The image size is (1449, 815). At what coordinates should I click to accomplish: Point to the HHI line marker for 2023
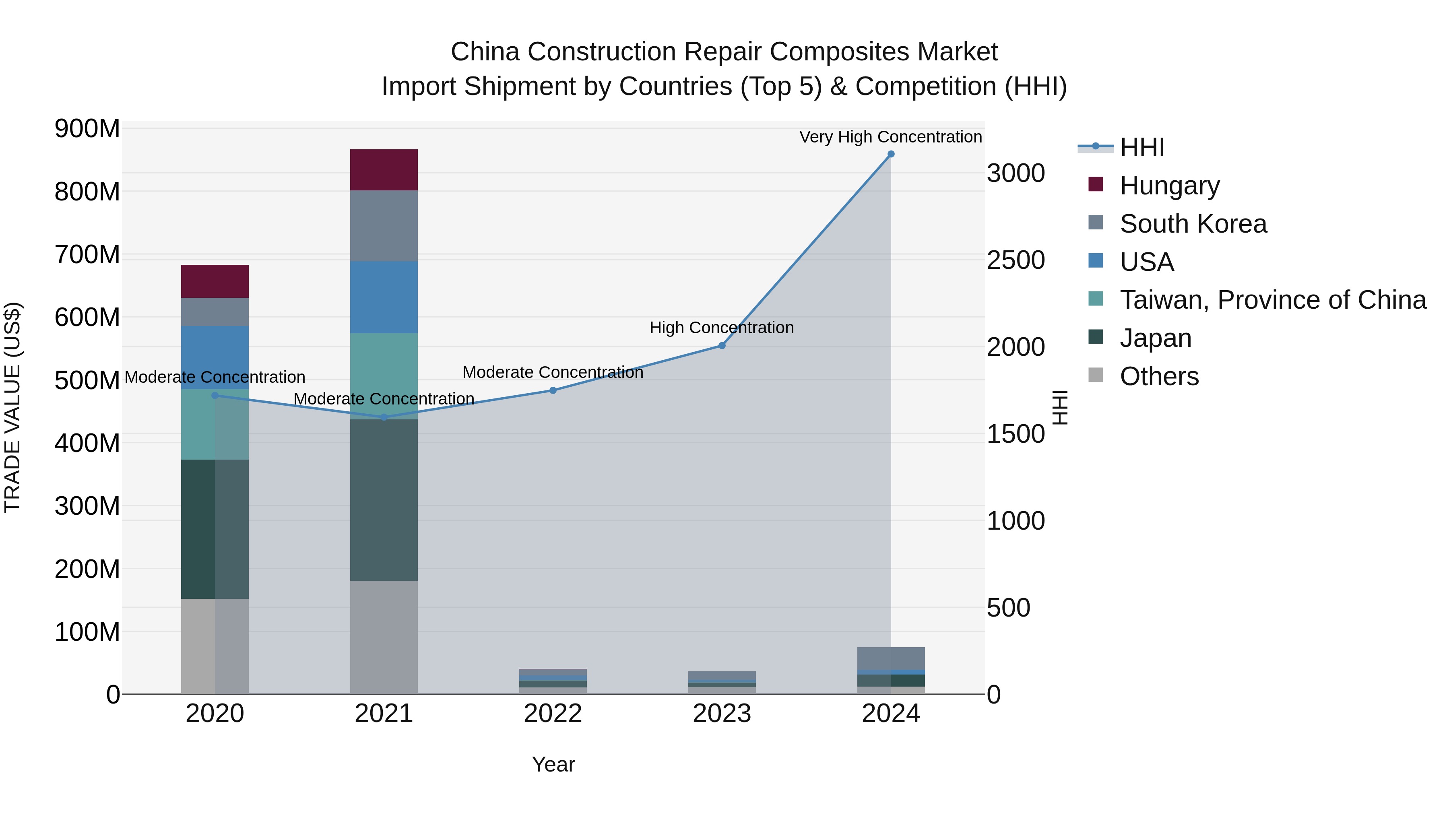(x=722, y=345)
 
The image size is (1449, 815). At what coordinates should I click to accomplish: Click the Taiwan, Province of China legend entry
(x=1272, y=300)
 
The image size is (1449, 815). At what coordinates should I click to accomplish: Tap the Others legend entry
(x=1159, y=376)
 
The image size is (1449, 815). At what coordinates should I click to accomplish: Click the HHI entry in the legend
(x=1141, y=147)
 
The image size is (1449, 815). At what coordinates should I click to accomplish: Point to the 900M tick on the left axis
(x=87, y=129)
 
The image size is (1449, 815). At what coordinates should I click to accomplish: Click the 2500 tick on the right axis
(x=1016, y=260)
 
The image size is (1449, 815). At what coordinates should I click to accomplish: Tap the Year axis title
(x=553, y=764)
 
